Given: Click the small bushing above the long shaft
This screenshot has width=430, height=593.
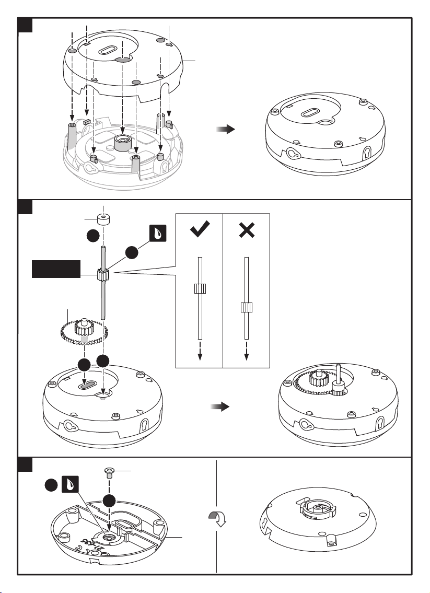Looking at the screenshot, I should pos(105,217).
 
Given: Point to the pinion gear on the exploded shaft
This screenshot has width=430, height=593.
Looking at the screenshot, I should pos(102,273).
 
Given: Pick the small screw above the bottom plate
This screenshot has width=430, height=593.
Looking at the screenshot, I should pos(109,473).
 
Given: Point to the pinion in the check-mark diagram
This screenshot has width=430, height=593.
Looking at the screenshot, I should pos(199,289).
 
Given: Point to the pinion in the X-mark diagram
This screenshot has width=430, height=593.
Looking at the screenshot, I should pos(246,307).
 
